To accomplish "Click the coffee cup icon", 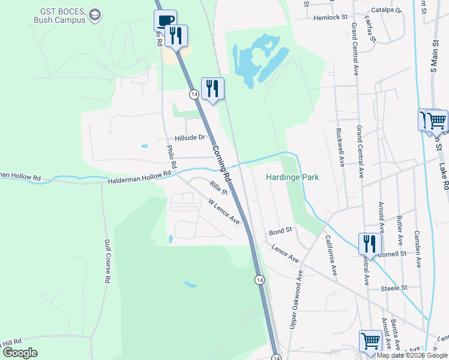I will [165, 20].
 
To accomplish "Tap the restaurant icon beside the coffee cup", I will [176, 35].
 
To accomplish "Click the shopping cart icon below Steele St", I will [370, 341].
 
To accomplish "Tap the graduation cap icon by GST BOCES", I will [95, 13].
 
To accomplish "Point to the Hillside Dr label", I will [190, 137].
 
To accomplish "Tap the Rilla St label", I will [218, 189].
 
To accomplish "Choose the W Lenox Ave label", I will [224, 212].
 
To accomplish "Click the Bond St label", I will [280, 230].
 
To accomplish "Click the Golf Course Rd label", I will [108, 262].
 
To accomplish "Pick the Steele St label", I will [394, 288].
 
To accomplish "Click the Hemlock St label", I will [331, 17].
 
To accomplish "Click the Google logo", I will [20, 353].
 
